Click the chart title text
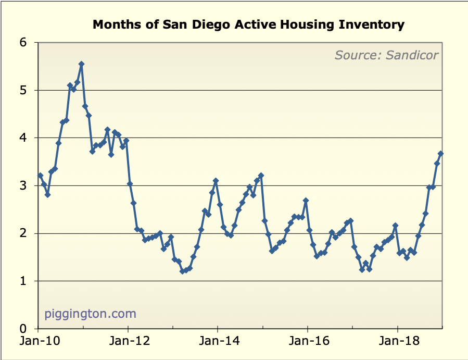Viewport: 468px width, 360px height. click(248, 24)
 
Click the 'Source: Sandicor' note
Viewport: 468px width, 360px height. click(386, 55)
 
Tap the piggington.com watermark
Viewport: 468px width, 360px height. click(90, 314)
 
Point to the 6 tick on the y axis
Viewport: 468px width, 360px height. click(23, 43)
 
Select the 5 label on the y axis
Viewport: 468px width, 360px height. click(23, 91)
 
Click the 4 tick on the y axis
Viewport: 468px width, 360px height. click(23, 138)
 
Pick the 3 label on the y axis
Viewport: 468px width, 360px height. click(23, 186)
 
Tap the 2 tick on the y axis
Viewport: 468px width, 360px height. click(23, 233)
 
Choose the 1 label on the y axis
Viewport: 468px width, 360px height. click(23, 281)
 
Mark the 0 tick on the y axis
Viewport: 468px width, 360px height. click(23, 329)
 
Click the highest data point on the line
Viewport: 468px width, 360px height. click(81, 64)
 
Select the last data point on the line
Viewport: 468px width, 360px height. click(440, 154)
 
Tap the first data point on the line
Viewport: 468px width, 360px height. click(40, 176)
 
